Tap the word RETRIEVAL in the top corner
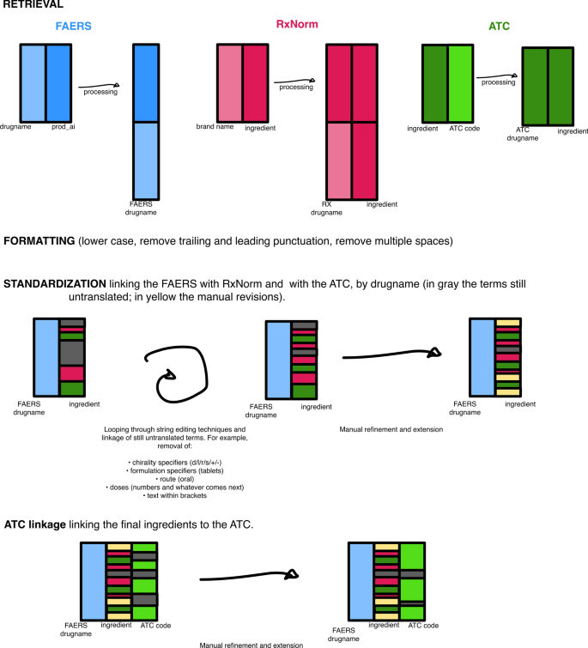click(33, 5)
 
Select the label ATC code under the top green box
click(463, 128)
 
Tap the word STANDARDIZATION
click(56, 284)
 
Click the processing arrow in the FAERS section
click(99, 85)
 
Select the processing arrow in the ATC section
click(497, 76)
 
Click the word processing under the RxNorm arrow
click(296, 88)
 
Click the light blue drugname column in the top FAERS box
click(33, 82)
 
